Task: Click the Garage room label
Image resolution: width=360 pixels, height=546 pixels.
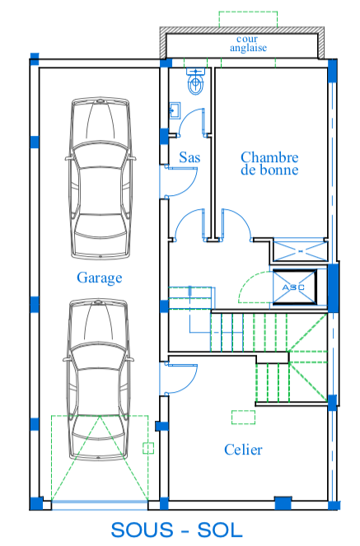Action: [x=99, y=278]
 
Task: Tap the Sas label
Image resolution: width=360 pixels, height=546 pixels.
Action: [x=189, y=157]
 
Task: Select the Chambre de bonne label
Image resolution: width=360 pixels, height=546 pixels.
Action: [x=269, y=163]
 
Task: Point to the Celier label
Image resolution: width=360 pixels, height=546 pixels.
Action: [x=243, y=450]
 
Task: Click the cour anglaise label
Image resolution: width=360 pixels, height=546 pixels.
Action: [x=248, y=44]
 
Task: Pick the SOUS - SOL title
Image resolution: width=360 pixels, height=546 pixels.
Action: [x=177, y=530]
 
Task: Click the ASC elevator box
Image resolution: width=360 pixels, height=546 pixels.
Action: [x=295, y=287]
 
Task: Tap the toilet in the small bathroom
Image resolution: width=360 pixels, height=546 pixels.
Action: [x=196, y=82]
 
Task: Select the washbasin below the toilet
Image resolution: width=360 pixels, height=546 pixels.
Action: [x=175, y=110]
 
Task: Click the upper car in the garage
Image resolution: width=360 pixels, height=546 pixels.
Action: [x=101, y=178]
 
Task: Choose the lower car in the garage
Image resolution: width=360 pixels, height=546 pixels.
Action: [x=98, y=380]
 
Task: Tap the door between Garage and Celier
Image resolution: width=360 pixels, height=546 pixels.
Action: [x=179, y=379]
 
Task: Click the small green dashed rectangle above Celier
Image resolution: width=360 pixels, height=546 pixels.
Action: [x=243, y=418]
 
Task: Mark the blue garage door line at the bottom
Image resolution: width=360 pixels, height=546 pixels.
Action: [x=100, y=502]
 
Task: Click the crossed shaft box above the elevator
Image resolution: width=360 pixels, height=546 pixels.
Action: [x=300, y=250]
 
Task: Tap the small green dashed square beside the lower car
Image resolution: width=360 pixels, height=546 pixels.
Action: [x=148, y=448]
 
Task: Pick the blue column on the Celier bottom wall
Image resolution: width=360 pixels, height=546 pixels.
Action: [x=283, y=503]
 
